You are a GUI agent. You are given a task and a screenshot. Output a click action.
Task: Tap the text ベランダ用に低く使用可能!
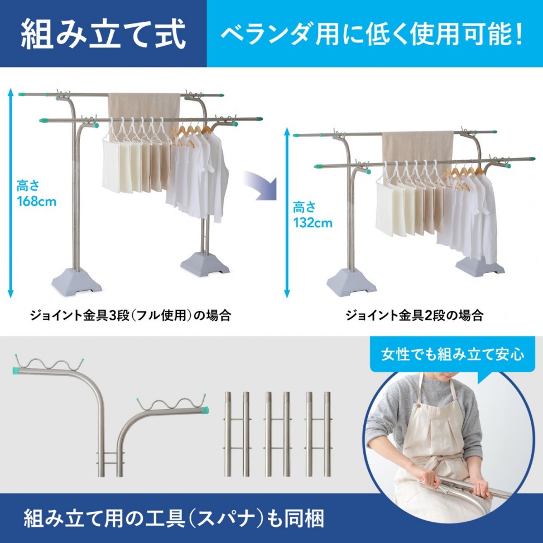pyautogui.click(x=372, y=34)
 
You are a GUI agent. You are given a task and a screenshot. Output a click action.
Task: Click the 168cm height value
pyautogui.click(x=36, y=201)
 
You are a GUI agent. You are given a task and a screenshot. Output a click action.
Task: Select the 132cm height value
pyautogui.click(x=313, y=222)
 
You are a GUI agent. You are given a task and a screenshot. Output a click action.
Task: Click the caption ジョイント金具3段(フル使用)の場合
pyautogui.click(x=130, y=315)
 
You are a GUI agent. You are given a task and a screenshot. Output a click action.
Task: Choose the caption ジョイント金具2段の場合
pyautogui.click(x=414, y=315)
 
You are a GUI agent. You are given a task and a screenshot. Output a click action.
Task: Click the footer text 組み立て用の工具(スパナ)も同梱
pyautogui.click(x=174, y=518)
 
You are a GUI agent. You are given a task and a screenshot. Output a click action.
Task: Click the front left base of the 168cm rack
pyautogui.click(x=77, y=282)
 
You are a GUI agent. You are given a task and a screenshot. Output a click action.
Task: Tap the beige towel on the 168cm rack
pyautogui.click(x=144, y=107)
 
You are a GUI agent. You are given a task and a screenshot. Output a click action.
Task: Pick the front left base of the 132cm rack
pyautogui.click(x=352, y=282)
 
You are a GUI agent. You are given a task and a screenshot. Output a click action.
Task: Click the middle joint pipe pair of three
pyautogui.click(x=277, y=434)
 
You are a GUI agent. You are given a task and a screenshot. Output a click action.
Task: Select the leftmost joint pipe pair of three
pyautogui.click(x=237, y=434)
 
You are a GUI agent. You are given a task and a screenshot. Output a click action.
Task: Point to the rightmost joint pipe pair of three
pyautogui.click(x=318, y=434)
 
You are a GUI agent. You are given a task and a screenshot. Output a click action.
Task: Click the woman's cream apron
pyautogui.click(x=433, y=443)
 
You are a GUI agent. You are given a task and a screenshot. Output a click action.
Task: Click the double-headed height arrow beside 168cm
pyautogui.click(x=11, y=193)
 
